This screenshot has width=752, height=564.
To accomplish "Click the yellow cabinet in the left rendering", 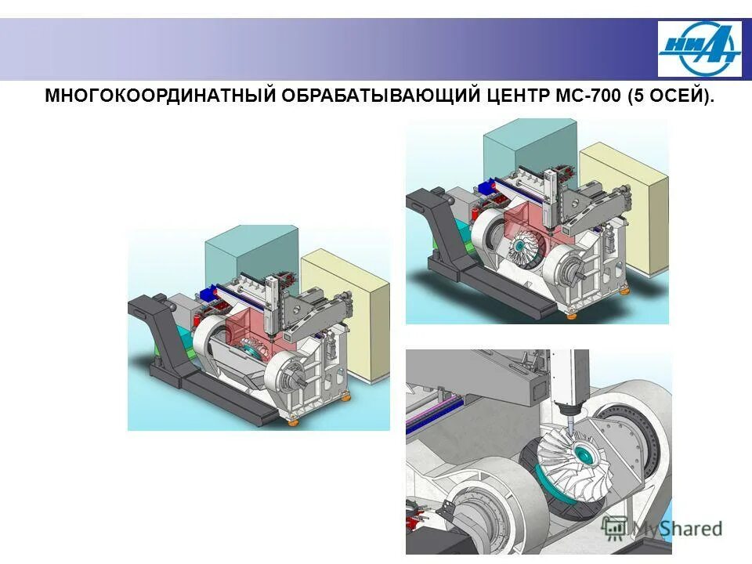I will click(x=345, y=313).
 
